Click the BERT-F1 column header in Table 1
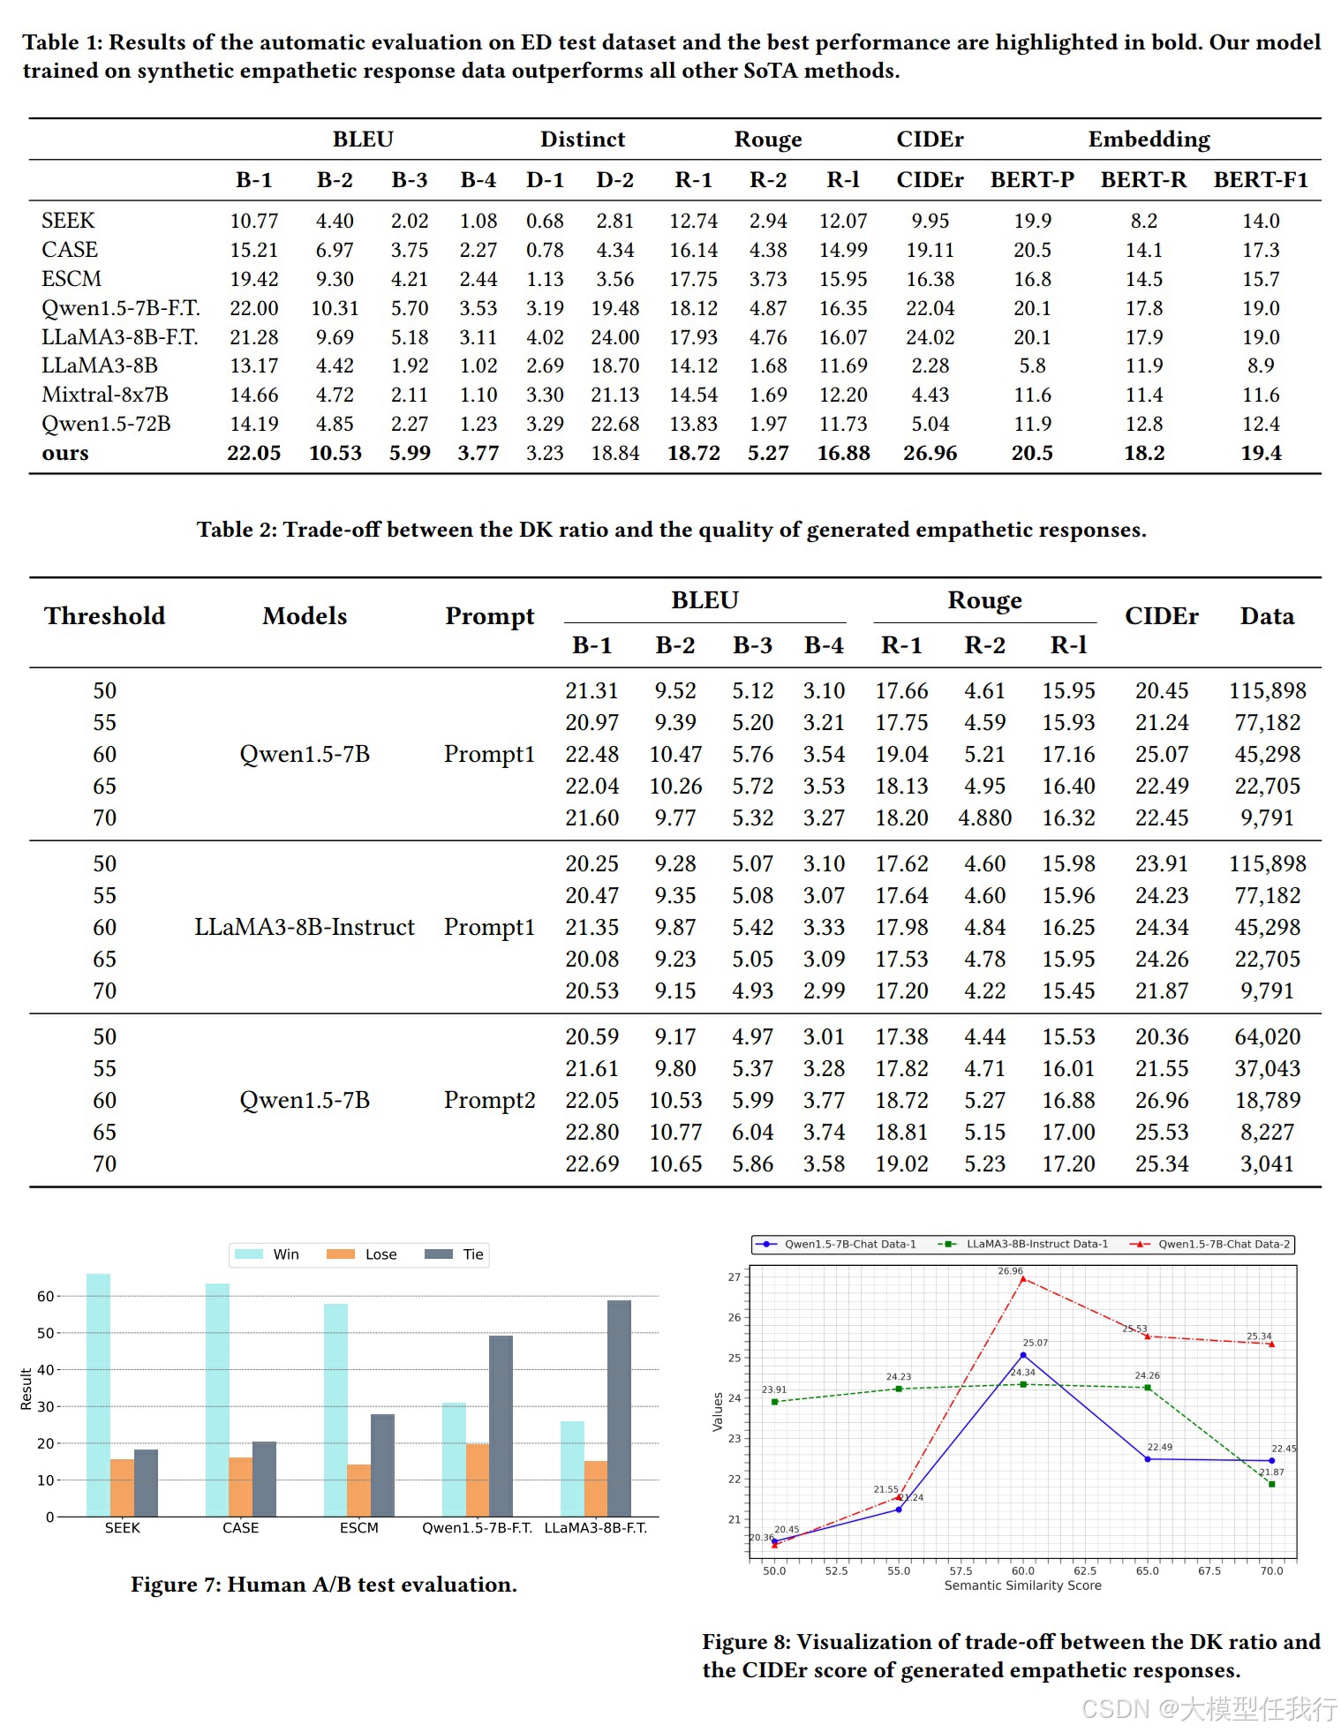[x=1260, y=180]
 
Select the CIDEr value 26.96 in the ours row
[x=930, y=453]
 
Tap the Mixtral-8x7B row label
[x=105, y=395]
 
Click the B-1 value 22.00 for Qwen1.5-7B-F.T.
[x=253, y=308]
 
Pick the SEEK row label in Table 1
[x=68, y=221]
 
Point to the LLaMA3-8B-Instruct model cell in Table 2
[x=305, y=927]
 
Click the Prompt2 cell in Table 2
[x=489, y=1100]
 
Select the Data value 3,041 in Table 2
[x=1267, y=1163]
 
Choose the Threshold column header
[x=105, y=616]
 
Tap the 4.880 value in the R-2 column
[x=984, y=817]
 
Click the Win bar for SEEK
[x=98, y=1395]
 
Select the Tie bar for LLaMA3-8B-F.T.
[x=619, y=1408]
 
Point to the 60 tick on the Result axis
[x=45, y=1296]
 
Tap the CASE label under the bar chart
[x=240, y=1528]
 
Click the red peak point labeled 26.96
[x=1022, y=1278]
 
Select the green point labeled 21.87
[x=1271, y=1484]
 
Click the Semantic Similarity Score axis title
[x=1022, y=1585]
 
